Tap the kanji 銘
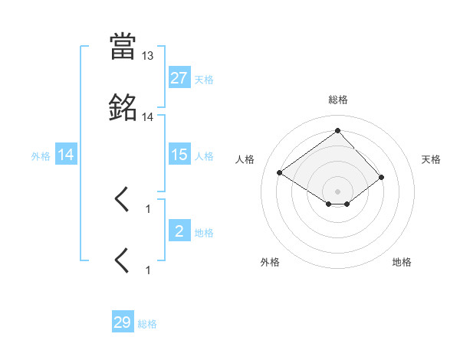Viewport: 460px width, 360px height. click(x=123, y=108)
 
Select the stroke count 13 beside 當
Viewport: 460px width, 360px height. click(x=148, y=56)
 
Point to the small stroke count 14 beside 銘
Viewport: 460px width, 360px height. click(x=148, y=117)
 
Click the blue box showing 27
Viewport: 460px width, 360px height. click(x=179, y=78)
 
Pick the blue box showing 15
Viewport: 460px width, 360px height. click(x=179, y=155)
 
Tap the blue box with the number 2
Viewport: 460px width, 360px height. click(x=179, y=231)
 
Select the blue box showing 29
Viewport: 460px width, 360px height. click(x=123, y=322)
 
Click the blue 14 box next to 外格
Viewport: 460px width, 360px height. click(x=66, y=155)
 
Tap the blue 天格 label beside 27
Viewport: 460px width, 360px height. click(x=204, y=79)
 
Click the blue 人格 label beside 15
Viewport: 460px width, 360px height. click(x=204, y=155)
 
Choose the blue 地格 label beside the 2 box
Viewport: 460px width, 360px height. click(x=204, y=232)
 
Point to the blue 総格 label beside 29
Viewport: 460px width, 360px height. click(x=147, y=324)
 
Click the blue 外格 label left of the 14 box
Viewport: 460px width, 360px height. click(x=41, y=155)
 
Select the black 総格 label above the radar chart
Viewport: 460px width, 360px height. click(x=338, y=100)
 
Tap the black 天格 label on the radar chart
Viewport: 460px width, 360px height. click(x=432, y=159)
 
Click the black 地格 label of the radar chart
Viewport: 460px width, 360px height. click(x=402, y=262)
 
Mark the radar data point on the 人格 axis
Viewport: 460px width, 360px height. click(x=280, y=173)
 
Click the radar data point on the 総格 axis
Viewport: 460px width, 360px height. click(x=338, y=131)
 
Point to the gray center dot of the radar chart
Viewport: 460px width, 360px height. click(x=338, y=191)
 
